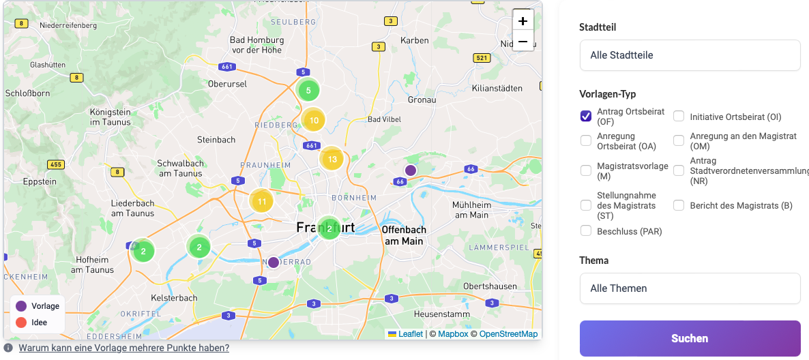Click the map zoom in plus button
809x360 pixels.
click(x=523, y=20)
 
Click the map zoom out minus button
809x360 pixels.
click(x=523, y=42)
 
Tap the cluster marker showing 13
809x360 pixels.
click(x=332, y=159)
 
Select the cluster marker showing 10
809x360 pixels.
click(x=313, y=120)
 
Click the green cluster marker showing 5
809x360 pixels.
click(x=308, y=90)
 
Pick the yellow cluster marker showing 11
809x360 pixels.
click(x=261, y=201)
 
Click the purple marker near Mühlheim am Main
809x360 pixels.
click(x=410, y=170)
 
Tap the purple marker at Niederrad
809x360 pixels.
click(x=273, y=262)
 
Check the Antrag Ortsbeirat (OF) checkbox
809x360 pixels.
click(x=586, y=116)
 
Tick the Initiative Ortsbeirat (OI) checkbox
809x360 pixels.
click(x=679, y=117)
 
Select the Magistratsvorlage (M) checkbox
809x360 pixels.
click(x=586, y=170)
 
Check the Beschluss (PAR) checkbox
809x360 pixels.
click(x=586, y=231)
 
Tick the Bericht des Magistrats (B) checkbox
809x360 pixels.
click(x=679, y=205)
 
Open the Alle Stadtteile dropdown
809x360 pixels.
click(x=689, y=55)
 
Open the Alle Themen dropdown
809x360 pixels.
click(x=689, y=288)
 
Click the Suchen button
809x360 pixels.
click(x=690, y=338)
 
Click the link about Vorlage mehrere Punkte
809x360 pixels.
click(x=123, y=348)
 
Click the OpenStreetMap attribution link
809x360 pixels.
click(x=508, y=334)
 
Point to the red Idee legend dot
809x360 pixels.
click(x=21, y=322)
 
